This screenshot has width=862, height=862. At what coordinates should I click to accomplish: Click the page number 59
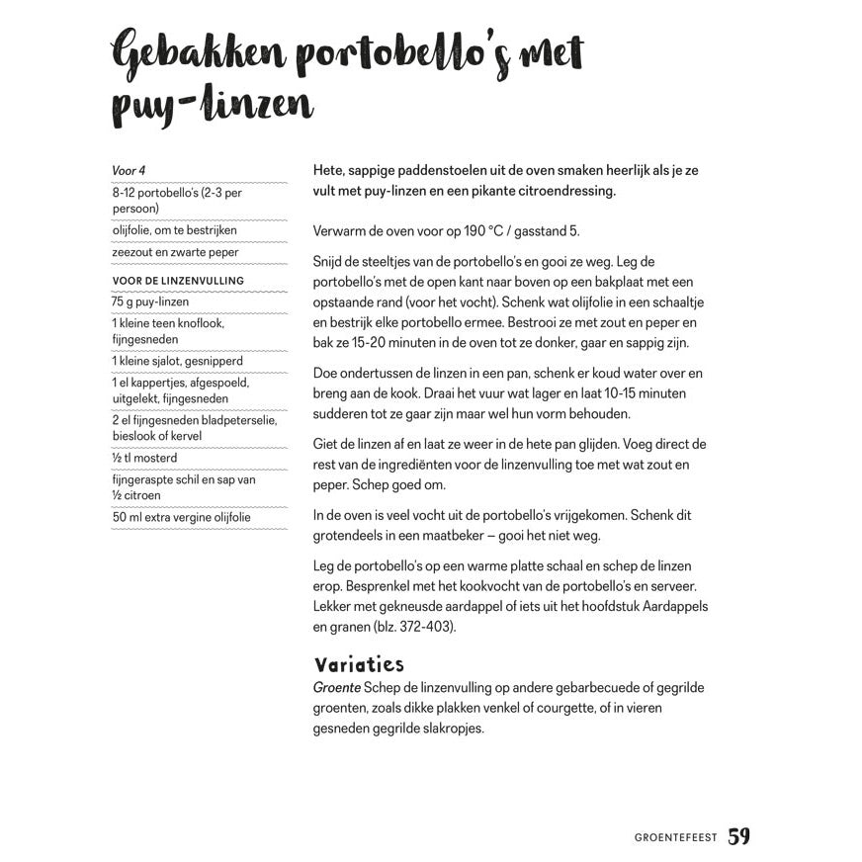[738, 836]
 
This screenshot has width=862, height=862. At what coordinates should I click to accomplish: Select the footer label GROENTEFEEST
[676, 838]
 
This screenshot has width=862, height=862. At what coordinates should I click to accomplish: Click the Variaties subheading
[358, 663]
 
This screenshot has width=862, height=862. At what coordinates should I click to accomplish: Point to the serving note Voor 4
[129, 171]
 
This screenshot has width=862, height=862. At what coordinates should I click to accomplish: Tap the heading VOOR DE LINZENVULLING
[178, 281]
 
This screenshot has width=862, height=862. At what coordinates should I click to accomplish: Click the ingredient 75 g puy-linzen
[150, 302]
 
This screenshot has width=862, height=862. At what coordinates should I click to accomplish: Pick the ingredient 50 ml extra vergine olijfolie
[181, 517]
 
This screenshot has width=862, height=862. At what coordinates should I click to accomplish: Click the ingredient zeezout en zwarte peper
[175, 252]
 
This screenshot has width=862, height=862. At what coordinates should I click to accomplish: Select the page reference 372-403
[414, 626]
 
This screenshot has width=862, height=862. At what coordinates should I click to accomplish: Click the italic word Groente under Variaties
[336, 687]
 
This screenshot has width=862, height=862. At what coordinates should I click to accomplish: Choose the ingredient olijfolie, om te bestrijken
[174, 230]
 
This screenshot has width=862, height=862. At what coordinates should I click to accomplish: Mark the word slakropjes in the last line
[453, 729]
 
